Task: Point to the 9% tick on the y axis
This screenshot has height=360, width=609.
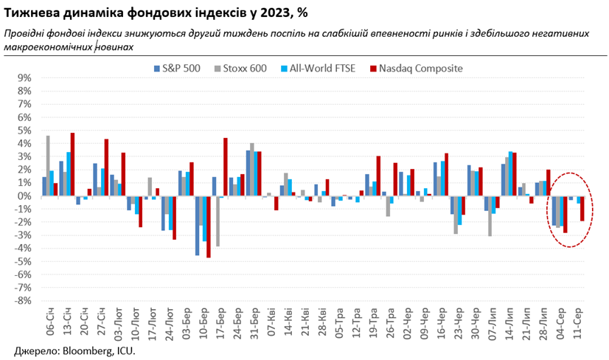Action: pos(24,78)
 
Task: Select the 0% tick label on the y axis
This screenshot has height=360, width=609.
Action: pos(24,196)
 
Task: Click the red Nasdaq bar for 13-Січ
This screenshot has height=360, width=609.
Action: pos(72,165)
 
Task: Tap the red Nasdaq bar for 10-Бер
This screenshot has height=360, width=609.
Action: pos(209,226)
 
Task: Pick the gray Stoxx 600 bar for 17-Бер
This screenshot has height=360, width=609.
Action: pos(218,221)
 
